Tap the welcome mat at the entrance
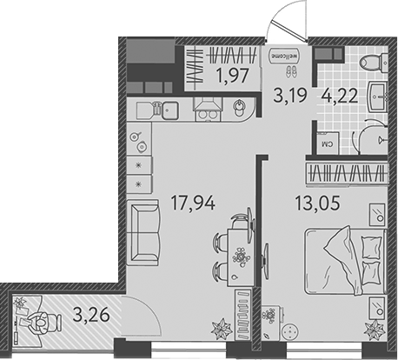pyautogui.click(x=283, y=58)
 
